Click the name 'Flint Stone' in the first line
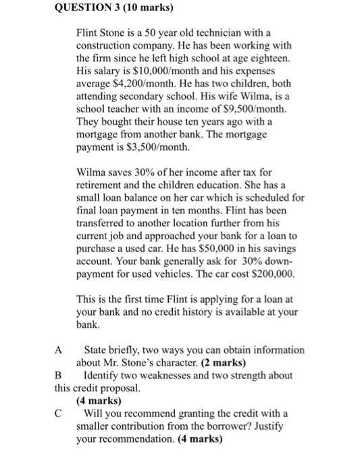[x=100, y=32]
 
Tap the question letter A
[x=59, y=351]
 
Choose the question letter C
[x=59, y=414]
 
